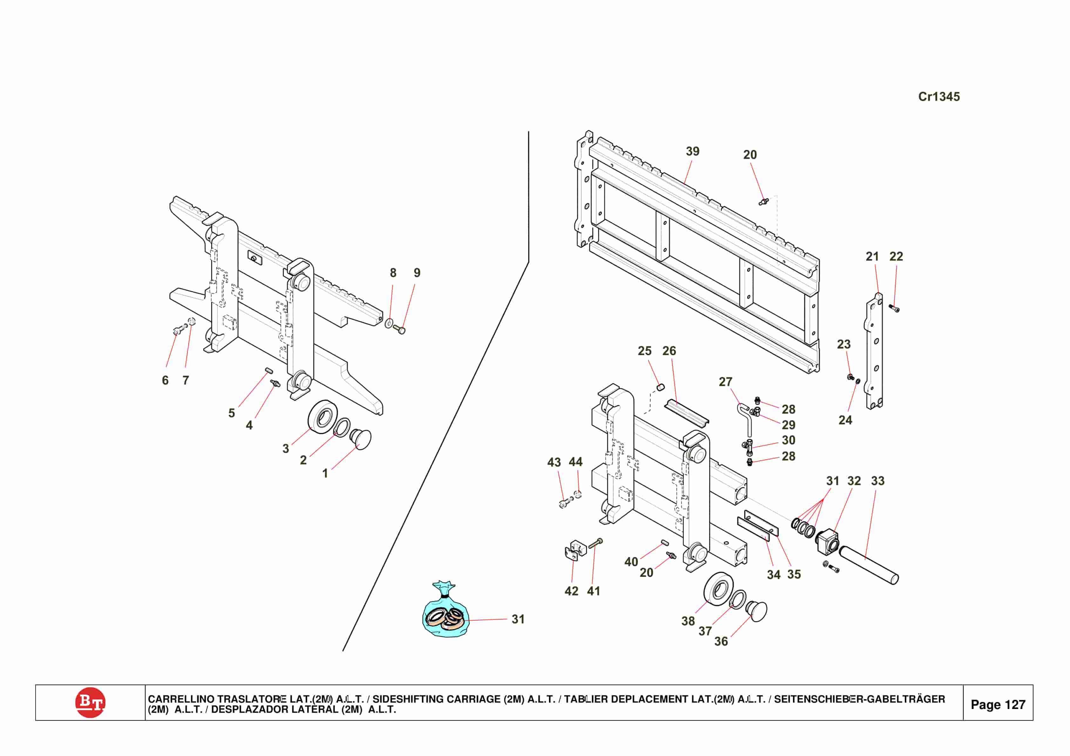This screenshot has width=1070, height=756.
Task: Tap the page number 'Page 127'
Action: (998, 704)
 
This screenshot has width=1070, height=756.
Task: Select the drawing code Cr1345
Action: (938, 97)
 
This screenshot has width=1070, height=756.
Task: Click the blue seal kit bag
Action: (445, 613)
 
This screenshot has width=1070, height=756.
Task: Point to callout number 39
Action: (693, 152)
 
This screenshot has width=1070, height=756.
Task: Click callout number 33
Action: (877, 481)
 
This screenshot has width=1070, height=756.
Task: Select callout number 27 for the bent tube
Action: (725, 382)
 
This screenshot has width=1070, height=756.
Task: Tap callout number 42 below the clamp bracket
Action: (571, 591)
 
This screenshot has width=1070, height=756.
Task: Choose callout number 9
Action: (417, 273)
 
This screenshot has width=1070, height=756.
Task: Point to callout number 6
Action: (165, 380)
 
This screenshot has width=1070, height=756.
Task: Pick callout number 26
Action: (669, 351)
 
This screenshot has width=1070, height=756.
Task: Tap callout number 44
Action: (576, 462)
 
